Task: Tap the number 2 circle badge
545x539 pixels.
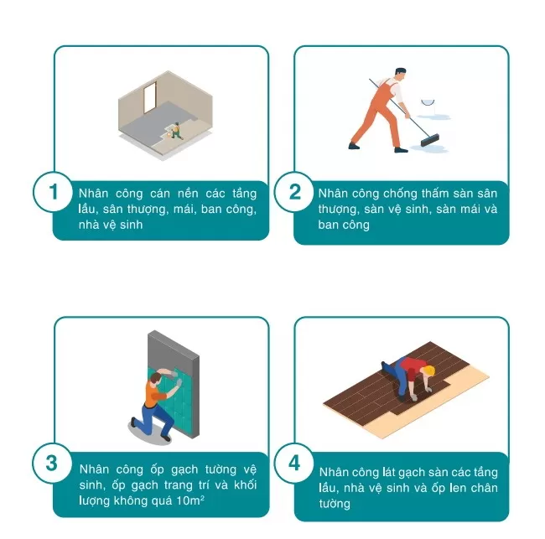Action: coord(294,192)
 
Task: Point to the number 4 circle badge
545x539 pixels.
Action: coord(294,464)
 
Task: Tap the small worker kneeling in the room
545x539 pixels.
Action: coord(176,129)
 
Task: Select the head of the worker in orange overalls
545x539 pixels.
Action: coord(401,75)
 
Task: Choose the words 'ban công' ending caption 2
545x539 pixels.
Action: coord(345,225)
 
